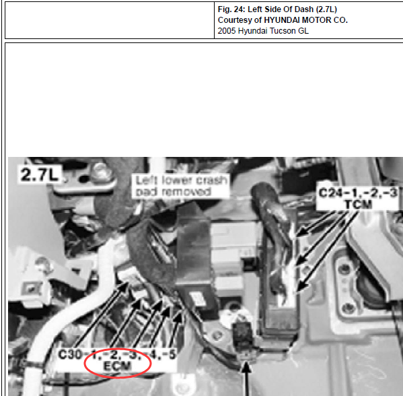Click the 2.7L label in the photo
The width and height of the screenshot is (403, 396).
point(40,174)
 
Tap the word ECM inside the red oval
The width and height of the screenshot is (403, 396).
point(117,366)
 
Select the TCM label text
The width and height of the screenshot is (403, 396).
point(358,204)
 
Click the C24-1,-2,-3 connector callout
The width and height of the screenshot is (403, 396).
point(358,193)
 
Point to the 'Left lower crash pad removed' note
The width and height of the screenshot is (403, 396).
point(181,186)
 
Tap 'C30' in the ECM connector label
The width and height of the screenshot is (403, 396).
point(67,354)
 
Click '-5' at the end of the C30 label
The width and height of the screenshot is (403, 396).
point(170,354)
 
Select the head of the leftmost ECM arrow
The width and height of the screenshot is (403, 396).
point(124,286)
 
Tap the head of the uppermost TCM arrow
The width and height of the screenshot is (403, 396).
point(300,232)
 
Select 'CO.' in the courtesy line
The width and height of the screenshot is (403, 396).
point(341,20)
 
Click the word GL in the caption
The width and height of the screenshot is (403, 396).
point(303,31)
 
